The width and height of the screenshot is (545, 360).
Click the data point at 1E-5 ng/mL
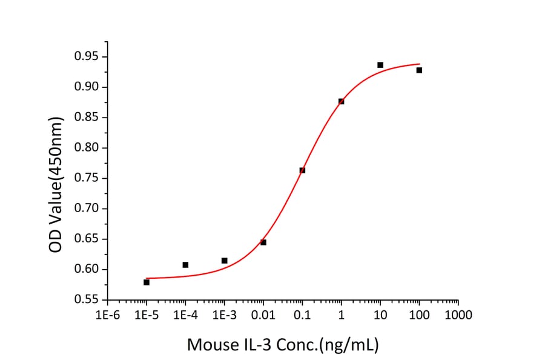147,282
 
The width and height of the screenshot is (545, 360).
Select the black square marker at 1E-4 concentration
185,265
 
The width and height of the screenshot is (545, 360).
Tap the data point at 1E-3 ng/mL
225,261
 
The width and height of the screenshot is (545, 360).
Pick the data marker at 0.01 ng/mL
263,242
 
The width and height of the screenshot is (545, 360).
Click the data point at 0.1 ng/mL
302,170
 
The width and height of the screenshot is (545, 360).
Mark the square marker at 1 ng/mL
342,101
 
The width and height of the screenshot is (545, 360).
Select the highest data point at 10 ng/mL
380,65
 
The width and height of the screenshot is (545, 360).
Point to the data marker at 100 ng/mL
419,70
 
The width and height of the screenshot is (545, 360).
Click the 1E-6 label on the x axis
107,315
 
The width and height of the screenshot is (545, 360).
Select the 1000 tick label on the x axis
458,315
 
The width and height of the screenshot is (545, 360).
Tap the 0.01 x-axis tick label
263,315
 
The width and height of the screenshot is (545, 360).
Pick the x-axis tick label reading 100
419,315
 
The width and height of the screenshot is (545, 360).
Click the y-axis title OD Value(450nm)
56,178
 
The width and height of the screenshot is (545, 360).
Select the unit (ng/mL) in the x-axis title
348,345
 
